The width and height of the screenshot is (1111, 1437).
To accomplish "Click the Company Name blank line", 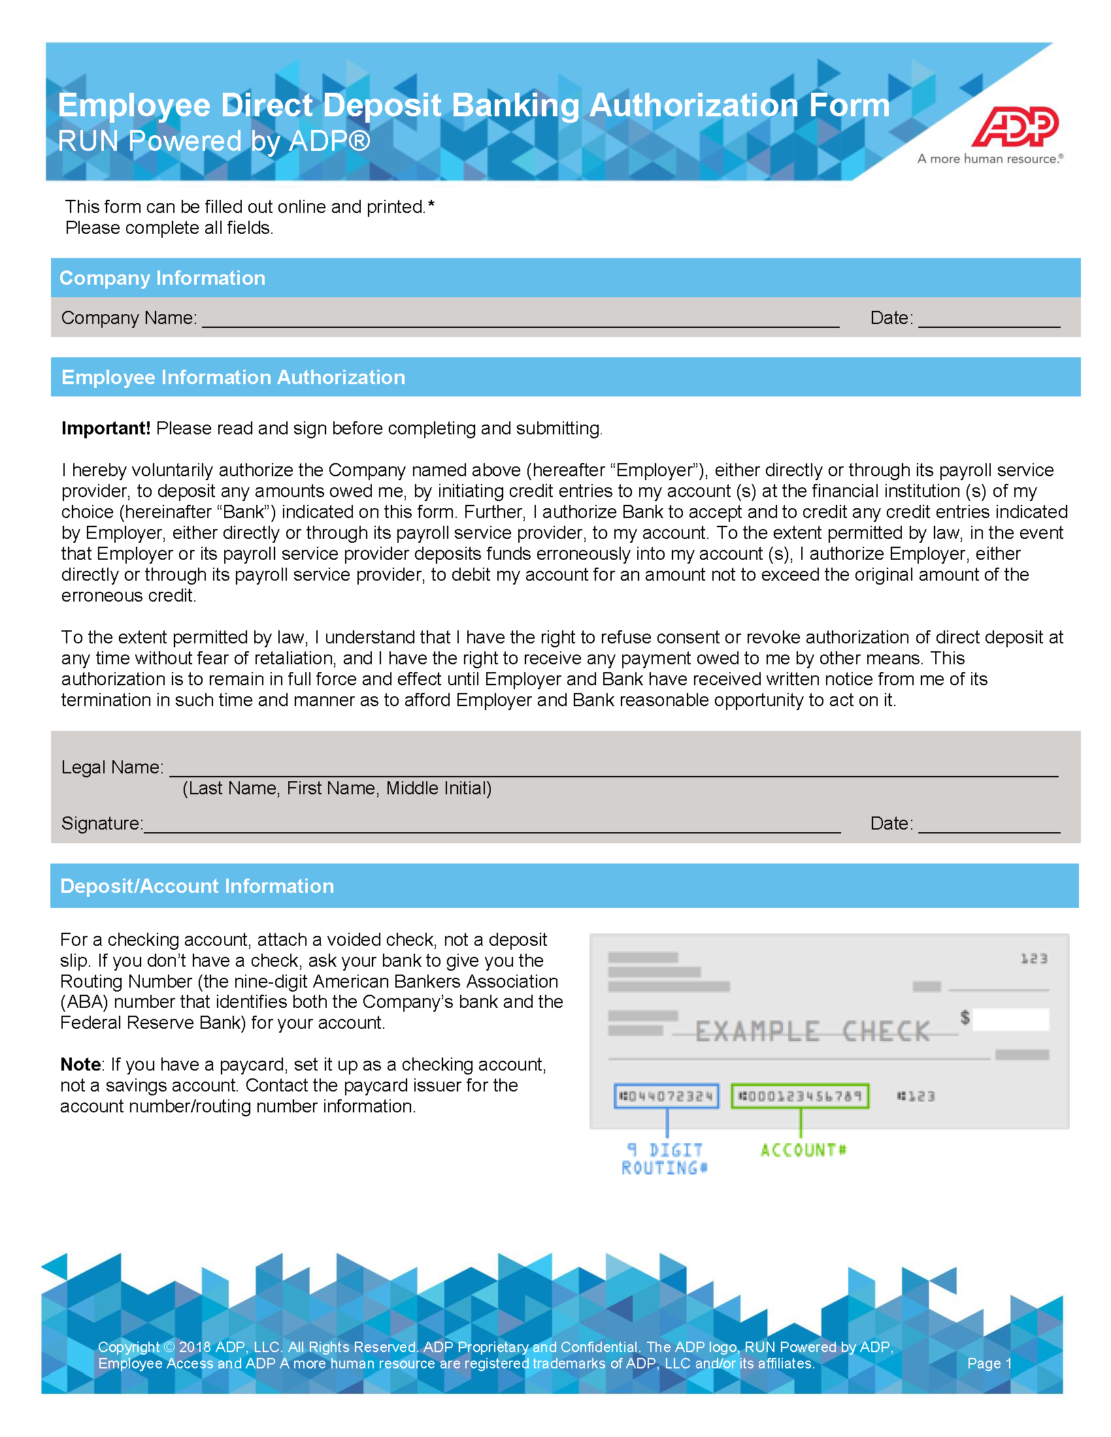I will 520,320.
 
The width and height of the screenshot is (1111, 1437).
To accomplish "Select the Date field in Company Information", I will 989,320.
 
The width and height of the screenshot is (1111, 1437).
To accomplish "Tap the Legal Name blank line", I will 614,769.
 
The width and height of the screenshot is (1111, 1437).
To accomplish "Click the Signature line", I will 492,825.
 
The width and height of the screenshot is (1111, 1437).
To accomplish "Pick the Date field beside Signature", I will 989,825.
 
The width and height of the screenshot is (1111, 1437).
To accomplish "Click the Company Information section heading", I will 163,278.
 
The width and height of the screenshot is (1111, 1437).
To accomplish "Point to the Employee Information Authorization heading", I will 233,378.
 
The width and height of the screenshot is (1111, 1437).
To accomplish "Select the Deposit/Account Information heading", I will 197,886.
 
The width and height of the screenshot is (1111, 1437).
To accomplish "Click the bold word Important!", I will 106,428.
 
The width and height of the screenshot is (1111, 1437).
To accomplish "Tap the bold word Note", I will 80,1065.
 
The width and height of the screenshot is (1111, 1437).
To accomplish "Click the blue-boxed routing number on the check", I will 666,1096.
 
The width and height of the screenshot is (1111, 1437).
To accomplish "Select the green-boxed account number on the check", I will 800,1096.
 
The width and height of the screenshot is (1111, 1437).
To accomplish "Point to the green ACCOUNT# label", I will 803,1150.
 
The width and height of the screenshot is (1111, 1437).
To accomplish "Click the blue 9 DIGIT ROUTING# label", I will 665,1159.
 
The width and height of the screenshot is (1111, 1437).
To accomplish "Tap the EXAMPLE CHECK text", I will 812,1031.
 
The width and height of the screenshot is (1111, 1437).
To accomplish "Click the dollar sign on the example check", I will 964,1018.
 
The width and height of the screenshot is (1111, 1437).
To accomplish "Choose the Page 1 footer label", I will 989,1363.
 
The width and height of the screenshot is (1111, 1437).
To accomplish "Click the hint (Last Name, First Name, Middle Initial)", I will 337,788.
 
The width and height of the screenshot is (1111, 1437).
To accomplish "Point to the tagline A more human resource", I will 989,159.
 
